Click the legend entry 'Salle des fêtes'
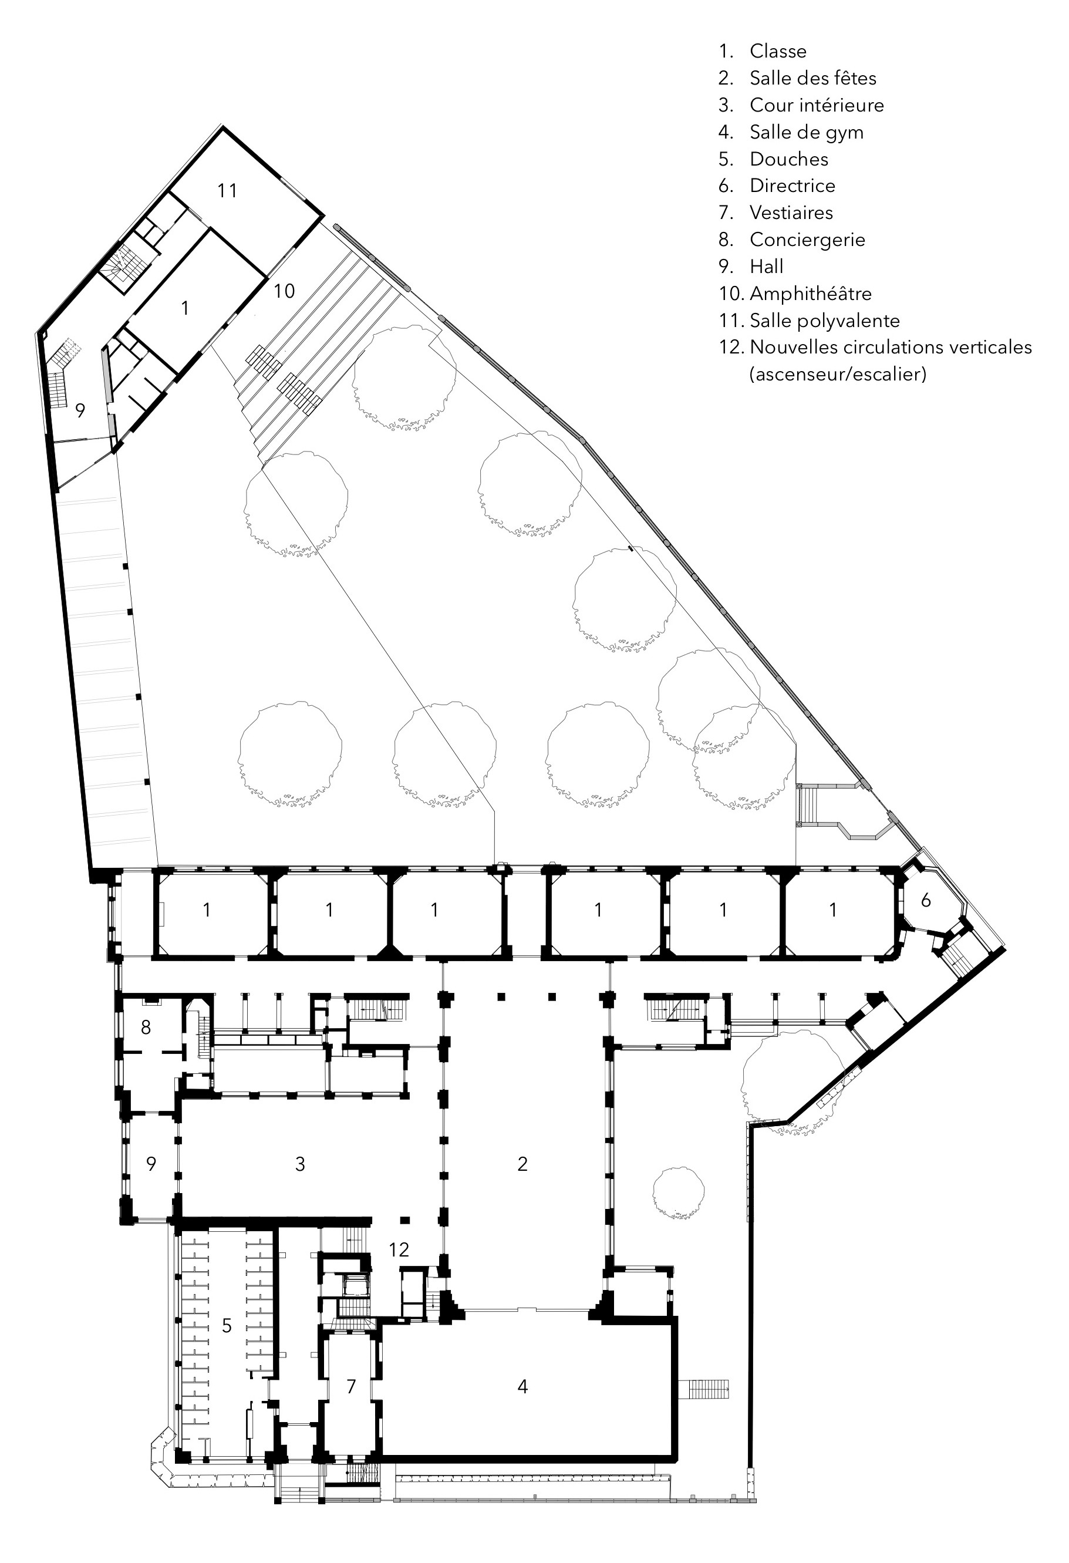click(813, 78)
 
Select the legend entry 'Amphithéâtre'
click(810, 293)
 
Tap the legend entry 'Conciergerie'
click(807, 240)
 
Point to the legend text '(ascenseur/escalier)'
click(838, 374)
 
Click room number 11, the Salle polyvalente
click(227, 191)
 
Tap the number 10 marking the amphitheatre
click(284, 291)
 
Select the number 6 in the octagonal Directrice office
click(926, 900)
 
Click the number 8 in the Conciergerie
click(146, 1027)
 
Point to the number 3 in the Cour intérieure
click(300, 1164)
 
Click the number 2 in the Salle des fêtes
click(522, 1164)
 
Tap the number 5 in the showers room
click(227, 1326)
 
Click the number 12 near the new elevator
click(399, 1249)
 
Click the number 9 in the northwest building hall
click(80, 410)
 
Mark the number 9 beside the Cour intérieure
click(151, 1164)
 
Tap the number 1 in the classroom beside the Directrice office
click(833, 910)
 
